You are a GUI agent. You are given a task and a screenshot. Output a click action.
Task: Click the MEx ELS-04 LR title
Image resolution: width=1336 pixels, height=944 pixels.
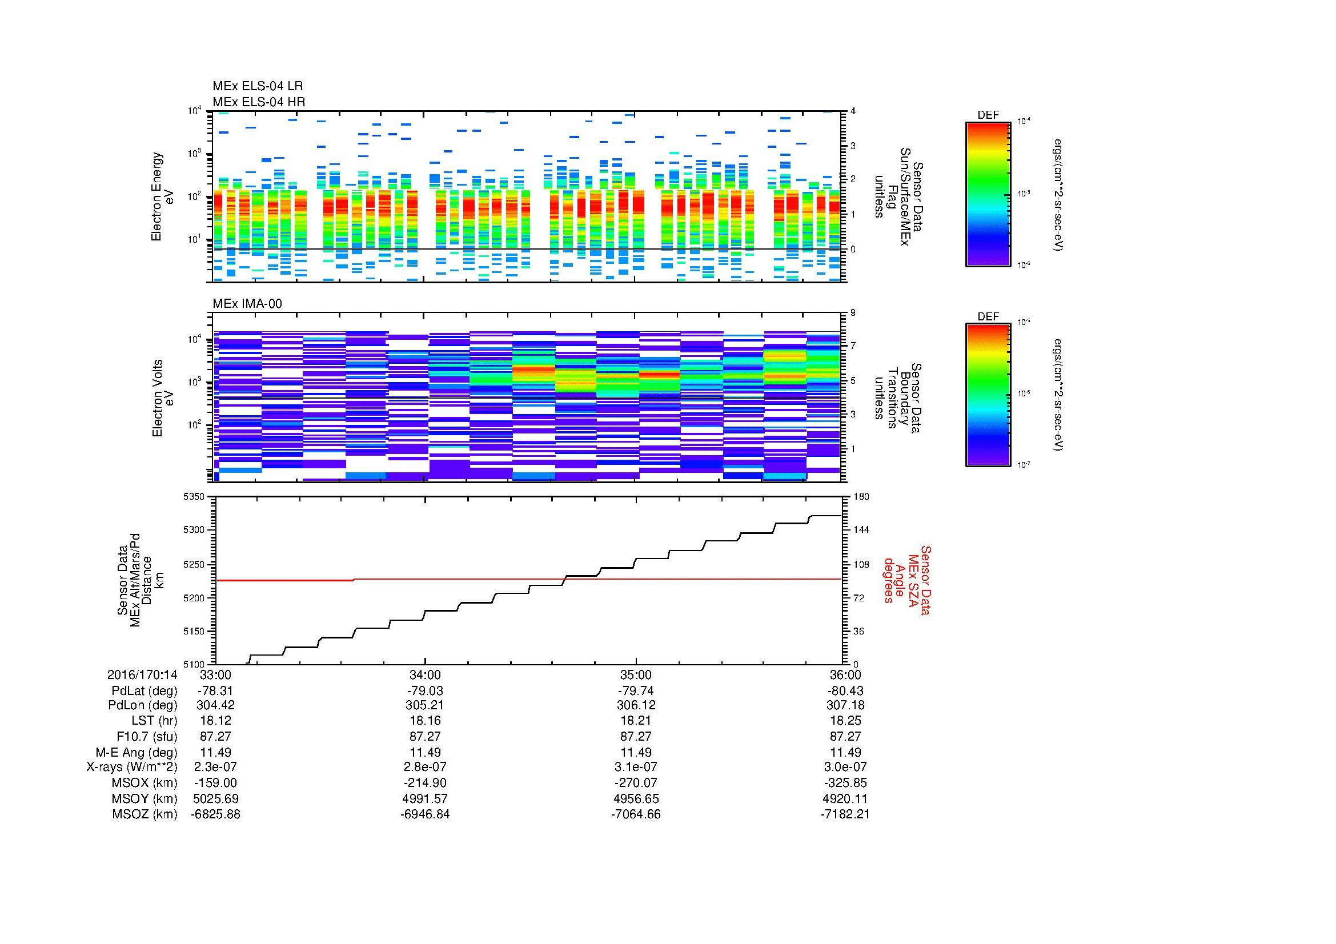pyautogui.click(x=257, y=86)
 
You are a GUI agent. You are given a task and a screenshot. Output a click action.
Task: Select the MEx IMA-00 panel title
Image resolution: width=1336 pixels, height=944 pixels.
pyautogui.click(x=247, y=304)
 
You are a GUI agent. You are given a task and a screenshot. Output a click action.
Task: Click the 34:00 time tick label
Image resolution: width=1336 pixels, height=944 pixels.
pyautogui.click(x=425, y=675)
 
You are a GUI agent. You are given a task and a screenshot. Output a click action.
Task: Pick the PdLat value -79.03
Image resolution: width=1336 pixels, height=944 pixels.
pyautogui.click(x=425, y=691)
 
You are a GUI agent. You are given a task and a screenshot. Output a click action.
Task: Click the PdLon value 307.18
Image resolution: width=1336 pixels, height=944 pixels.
pyautogui.click(x=845, y=705)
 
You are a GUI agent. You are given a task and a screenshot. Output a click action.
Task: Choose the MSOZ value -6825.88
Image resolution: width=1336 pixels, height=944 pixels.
pyautogui.click(x=215, y=814)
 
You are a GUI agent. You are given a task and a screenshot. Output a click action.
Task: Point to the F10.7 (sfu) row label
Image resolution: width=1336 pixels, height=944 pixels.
pyautogui.click(x=146, y=736)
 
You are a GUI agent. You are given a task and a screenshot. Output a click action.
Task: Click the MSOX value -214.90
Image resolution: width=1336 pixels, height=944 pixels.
pyautogui.click(x=425, y=783)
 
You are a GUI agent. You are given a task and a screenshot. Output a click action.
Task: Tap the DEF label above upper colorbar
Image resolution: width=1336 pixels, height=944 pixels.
pyautogui.click(x=988, y=115)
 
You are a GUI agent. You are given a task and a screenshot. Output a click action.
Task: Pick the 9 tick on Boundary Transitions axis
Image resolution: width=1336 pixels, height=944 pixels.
pyautogui.click(x=853, y=312)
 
